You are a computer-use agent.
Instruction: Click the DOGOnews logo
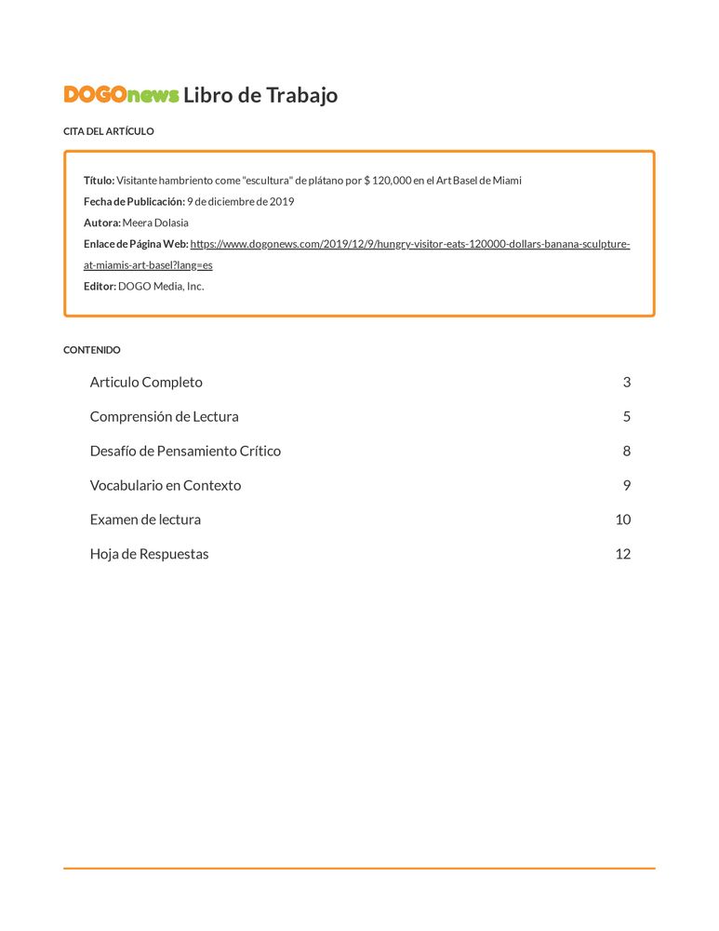coord(121,95)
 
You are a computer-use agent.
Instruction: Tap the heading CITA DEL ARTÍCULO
coord(108,131)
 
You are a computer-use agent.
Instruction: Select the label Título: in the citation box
coord(99,180)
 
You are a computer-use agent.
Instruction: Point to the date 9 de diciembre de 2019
coord(240,201)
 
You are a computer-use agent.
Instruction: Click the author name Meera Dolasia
coord(155,223)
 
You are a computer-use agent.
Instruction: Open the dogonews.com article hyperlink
coord(409,244)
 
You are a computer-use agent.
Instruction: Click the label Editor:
coord(100,286)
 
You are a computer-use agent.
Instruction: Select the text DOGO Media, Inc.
coord(161,286)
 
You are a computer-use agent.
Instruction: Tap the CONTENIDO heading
coord(91,350)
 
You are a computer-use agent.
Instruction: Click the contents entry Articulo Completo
coord(146,382)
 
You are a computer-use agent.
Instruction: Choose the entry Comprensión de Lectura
coord(164,416)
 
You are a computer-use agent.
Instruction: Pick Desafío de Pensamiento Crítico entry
coord(185,451)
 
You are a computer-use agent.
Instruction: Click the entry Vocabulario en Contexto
coord(165,485)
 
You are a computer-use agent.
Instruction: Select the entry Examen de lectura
coord(145,519)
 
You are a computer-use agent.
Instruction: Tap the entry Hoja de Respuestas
coord(149,554)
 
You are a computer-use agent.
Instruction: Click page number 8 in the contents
coord(627,451)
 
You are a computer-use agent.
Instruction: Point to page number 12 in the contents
coord(622,554)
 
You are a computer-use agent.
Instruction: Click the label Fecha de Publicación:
coord(134,201)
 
